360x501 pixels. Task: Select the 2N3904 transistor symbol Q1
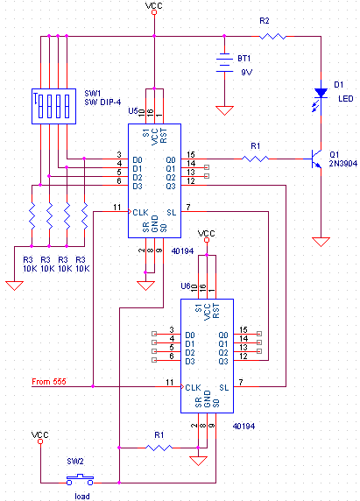[x=316, y=159]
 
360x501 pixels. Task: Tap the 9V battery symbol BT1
[x=224, y=63]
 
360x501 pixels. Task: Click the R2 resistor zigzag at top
[x=272, y=37]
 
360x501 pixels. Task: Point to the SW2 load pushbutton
[x=80, y=480]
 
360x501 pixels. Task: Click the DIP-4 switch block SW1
[x=54, y=106]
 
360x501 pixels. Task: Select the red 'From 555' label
[x=49, y=382]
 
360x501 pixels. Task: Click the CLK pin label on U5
[x=140, y=212]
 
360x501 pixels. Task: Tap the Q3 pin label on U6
[x=223, y=361]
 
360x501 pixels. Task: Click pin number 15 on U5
[x=191, y=155]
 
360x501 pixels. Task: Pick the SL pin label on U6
[x=224, y=387]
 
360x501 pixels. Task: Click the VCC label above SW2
[x=40, y=434]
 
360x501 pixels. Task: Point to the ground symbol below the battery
[x=224, y=110]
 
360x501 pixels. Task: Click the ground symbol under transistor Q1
[x=321, y=242]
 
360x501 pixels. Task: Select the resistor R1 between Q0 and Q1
[x=255, y=159]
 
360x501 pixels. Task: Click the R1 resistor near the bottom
[x=159, y=448]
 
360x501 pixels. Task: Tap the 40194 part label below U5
[x=182, y=251]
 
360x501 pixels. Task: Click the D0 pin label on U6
[x=190, y=335]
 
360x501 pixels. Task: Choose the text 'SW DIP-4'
[x=102, y=102]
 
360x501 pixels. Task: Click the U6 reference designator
[x=186, y=286]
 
